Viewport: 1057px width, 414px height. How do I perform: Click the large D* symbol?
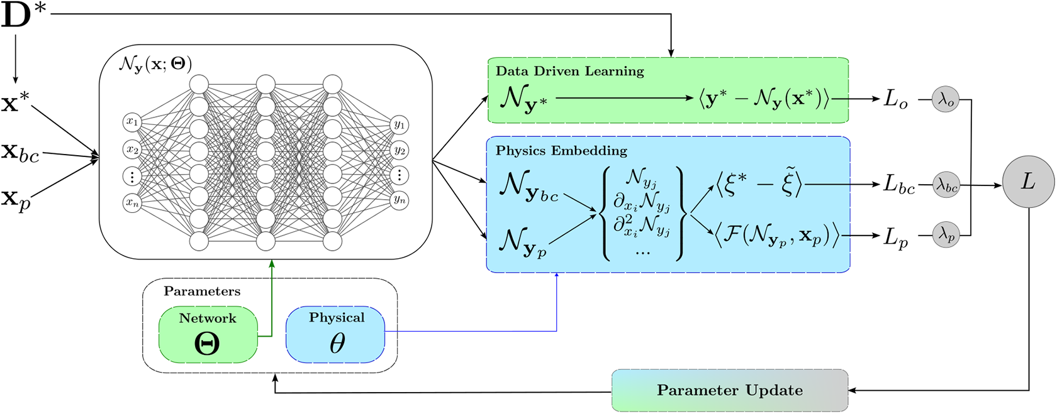(24, 16)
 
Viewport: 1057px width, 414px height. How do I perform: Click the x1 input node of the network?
(132, 122)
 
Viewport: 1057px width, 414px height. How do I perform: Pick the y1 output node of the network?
(400, 125)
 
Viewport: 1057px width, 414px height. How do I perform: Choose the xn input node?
(132, 202)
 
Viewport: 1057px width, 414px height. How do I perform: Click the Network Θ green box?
(208, 334)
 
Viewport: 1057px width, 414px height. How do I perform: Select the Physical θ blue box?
(335, 334)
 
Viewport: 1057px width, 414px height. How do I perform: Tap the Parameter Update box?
(730, 390)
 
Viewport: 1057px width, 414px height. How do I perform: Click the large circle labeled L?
(1028, 182)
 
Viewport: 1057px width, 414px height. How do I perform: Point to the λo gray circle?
(946, 99)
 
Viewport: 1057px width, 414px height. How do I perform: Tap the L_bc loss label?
(898, 185)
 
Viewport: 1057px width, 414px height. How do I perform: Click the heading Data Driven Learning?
(569, 71)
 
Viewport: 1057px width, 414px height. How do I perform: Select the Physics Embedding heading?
(561, 151)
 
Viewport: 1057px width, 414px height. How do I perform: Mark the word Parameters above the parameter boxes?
(202, 291)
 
